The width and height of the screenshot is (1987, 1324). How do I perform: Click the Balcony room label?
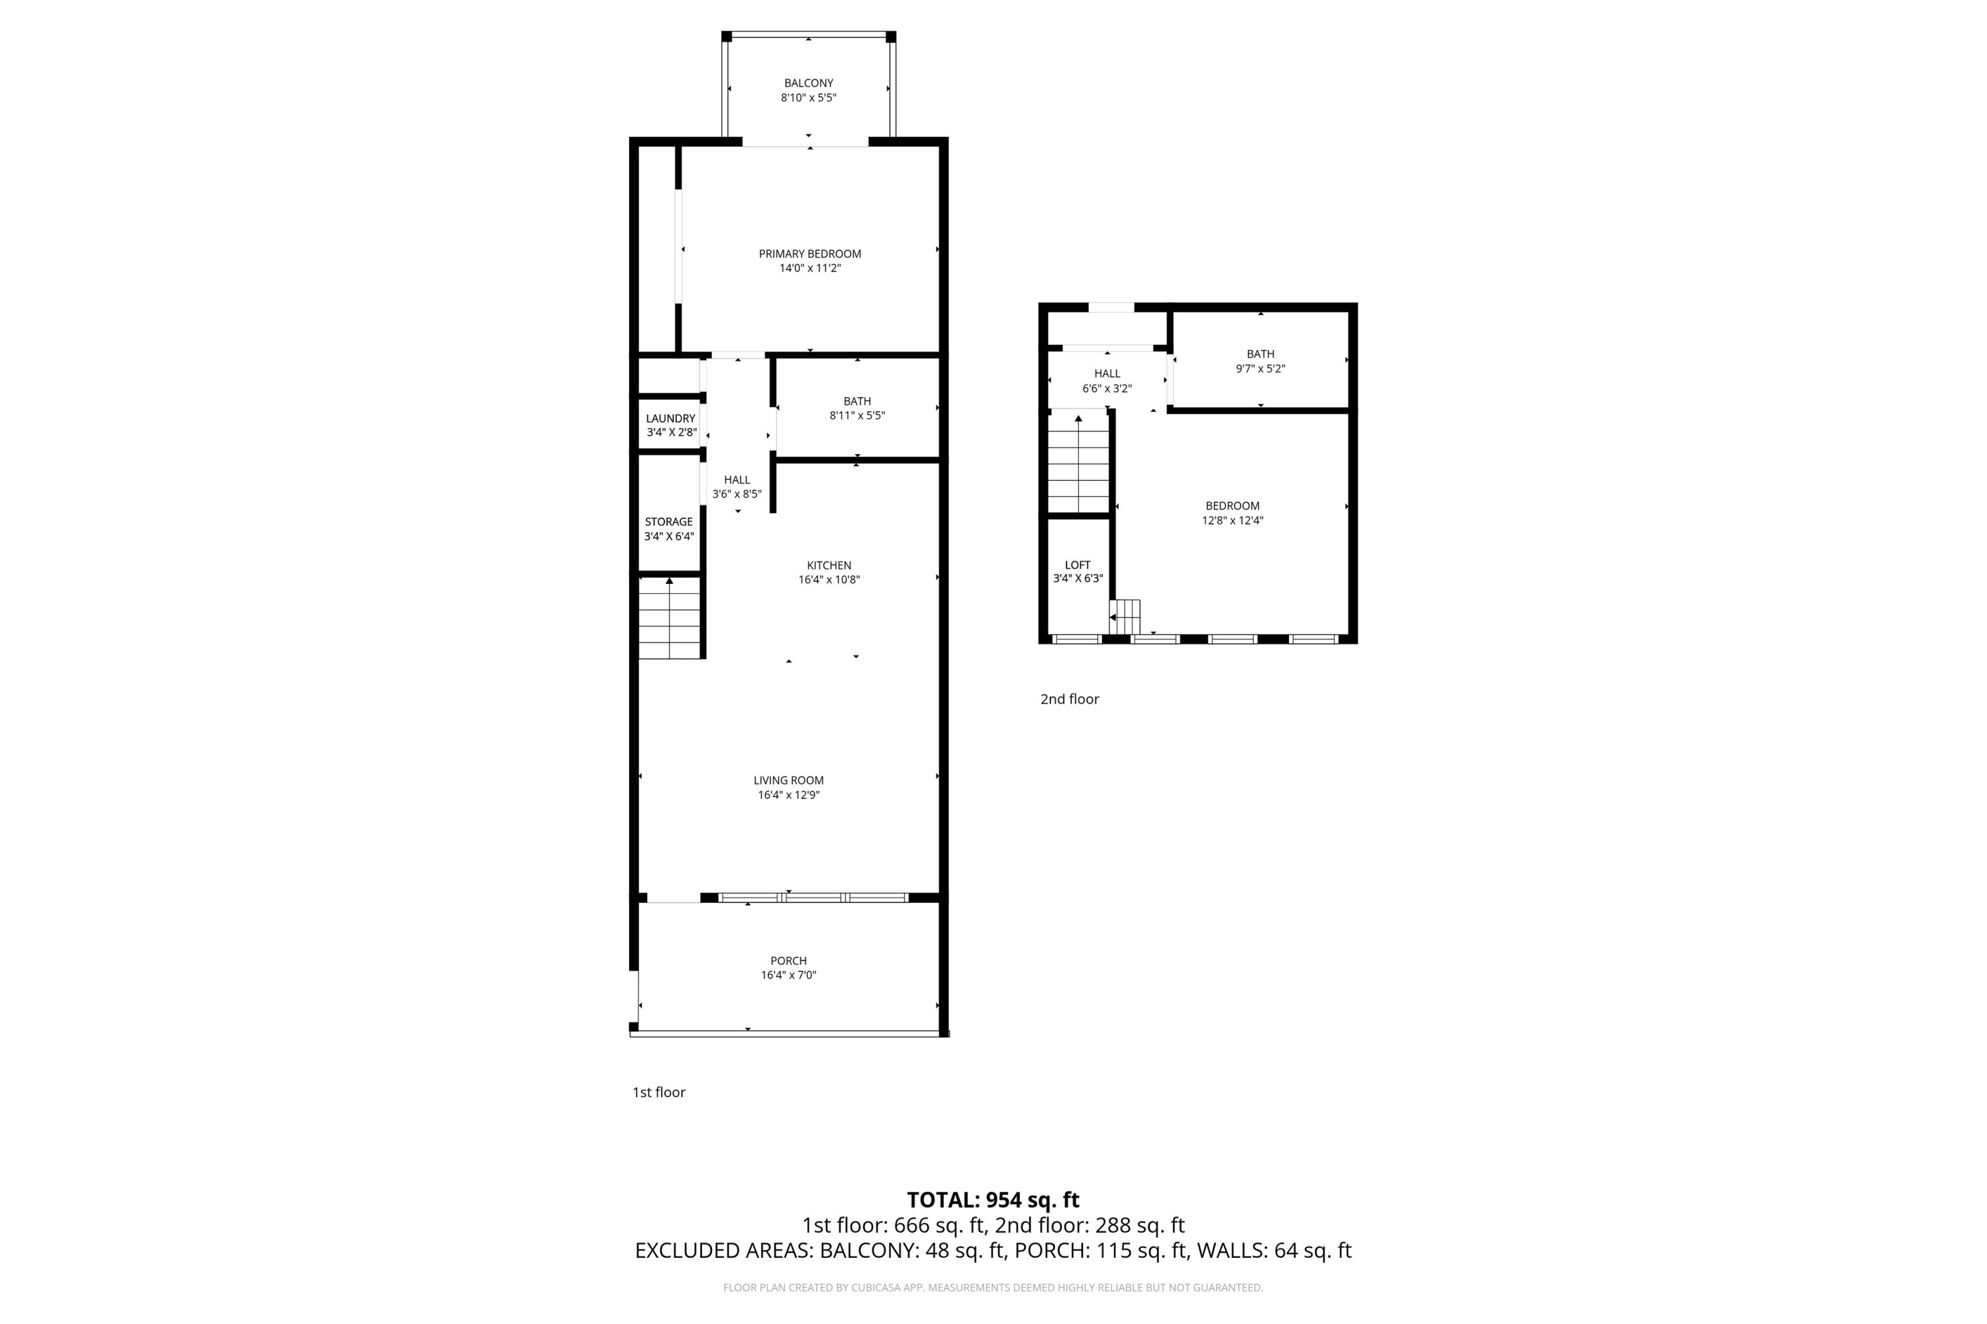809,83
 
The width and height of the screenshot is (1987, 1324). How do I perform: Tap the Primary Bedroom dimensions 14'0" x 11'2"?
809,269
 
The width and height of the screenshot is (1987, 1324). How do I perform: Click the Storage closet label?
668,522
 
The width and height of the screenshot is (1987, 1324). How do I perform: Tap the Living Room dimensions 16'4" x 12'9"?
788,794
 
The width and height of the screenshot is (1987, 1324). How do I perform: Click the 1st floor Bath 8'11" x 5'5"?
856,408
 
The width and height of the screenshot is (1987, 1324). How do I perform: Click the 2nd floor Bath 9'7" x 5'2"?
1260,361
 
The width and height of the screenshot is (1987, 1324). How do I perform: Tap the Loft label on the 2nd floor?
1077,564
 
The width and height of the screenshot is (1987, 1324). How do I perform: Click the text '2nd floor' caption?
1069,698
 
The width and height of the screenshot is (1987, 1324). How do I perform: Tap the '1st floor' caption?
658,1092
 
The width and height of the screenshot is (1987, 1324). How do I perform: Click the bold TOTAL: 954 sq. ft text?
993,1199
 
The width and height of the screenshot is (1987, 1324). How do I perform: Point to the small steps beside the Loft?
1125,616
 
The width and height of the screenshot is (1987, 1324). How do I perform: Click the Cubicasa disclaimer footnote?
993,1288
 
